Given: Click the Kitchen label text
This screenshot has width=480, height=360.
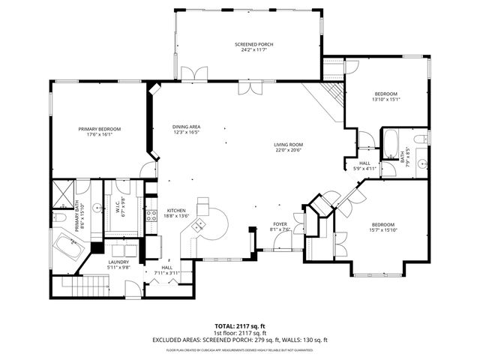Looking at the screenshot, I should click(177, 211).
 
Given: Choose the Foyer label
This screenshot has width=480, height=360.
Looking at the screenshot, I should click(279, 224).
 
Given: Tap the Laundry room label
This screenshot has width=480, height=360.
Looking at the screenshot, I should click(118, 262).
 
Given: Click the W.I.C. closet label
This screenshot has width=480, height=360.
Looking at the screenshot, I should click(119, 211).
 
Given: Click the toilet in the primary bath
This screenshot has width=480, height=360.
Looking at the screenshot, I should click(59, 217).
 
